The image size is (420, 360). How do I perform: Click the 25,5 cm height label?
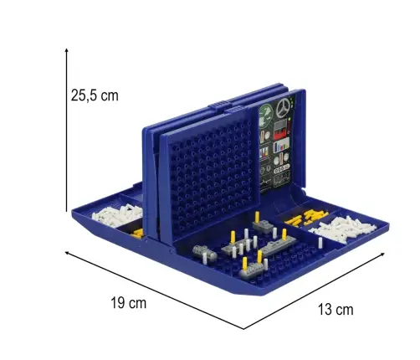tap(95, 95)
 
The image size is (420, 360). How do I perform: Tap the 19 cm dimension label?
tap(129, 303)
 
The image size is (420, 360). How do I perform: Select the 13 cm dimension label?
tap(335, 310)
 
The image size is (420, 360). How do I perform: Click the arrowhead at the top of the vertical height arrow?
tap(66, 50)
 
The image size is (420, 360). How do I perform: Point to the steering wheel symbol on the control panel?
tap(283, 108)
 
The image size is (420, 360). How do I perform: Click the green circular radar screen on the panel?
tap(265, 112)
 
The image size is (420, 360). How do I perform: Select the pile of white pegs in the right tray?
tap(343, 228)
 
